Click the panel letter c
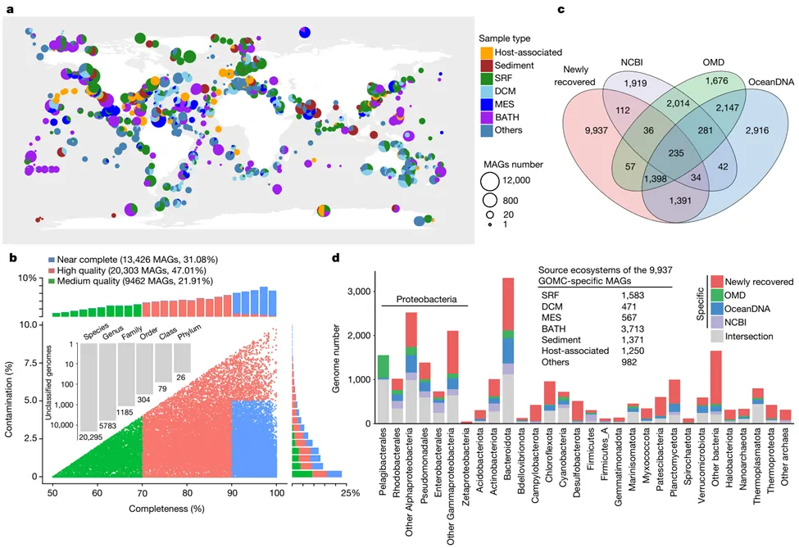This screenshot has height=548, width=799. pyautogui.click(x=561, y=10)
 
